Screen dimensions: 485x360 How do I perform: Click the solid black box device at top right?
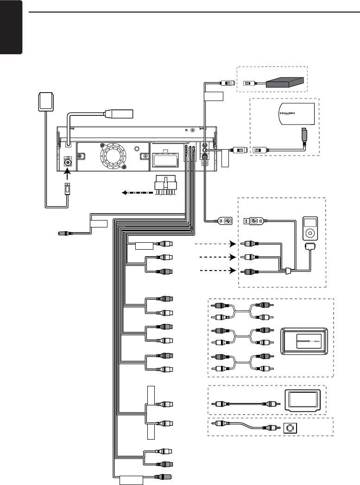(286, 82)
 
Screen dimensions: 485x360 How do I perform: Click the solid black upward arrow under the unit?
(66, 176)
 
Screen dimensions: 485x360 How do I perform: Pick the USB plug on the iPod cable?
(253, 221)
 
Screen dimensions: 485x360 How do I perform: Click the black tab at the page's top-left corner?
(11, 28)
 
